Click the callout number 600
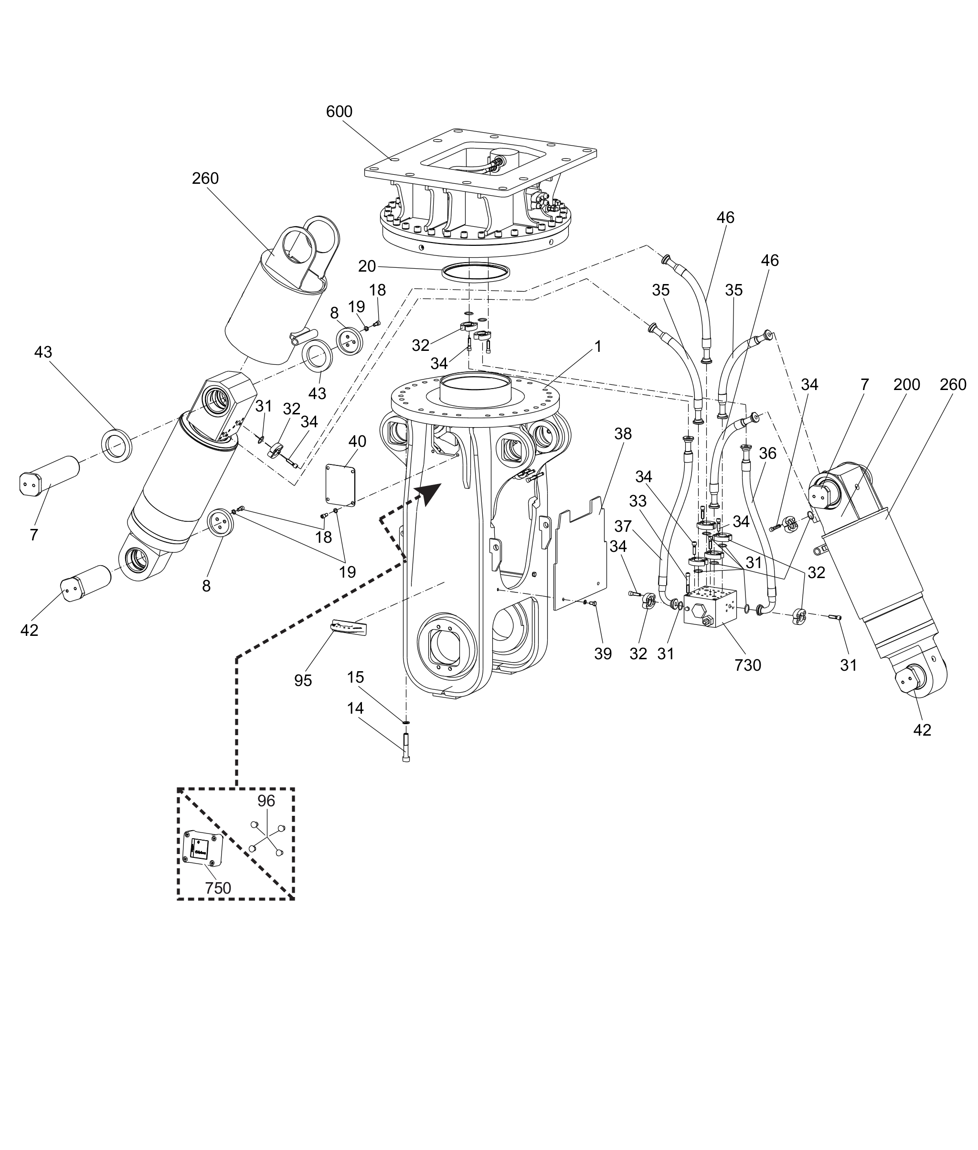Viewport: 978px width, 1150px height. coord(339,112)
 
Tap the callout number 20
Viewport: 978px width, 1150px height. coord(367,266)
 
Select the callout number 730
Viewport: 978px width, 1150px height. coord(747,665)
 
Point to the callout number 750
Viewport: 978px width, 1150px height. coord(218,888)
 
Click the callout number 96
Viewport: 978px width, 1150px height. coord(266,801)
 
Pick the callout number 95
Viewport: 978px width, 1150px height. coord(303,681)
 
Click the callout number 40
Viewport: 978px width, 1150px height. coord(357,441)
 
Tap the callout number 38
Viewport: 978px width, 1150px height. coord(623,433)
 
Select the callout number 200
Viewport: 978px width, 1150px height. coord(906,384)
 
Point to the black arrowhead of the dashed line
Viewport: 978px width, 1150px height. coord(429,492)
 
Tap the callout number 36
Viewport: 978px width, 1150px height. coord(767,454)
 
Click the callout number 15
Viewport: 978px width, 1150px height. coord(355,677)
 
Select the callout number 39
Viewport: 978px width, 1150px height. coord(603,654)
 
